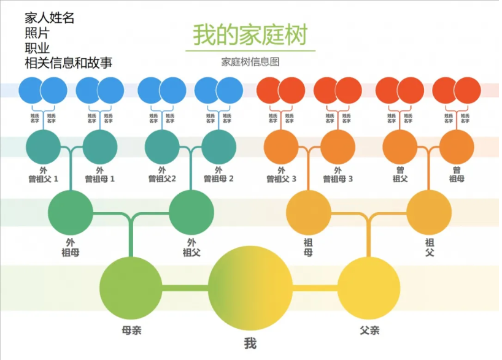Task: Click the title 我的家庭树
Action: click(250, 35)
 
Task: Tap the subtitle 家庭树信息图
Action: click(250, 62)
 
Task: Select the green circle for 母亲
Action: click(130, 288)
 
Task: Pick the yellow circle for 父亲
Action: click(369, 288)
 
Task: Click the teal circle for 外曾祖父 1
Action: click(44, 147)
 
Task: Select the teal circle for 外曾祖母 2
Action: click(219, 147)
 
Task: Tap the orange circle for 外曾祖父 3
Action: click(281, 147)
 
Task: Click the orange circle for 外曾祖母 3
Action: click(338, 147)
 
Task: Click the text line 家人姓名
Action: click(50, 18)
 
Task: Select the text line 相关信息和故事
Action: click(68, 63)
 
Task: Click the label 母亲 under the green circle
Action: click(132, 331)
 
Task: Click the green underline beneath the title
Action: click(250, 50)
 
